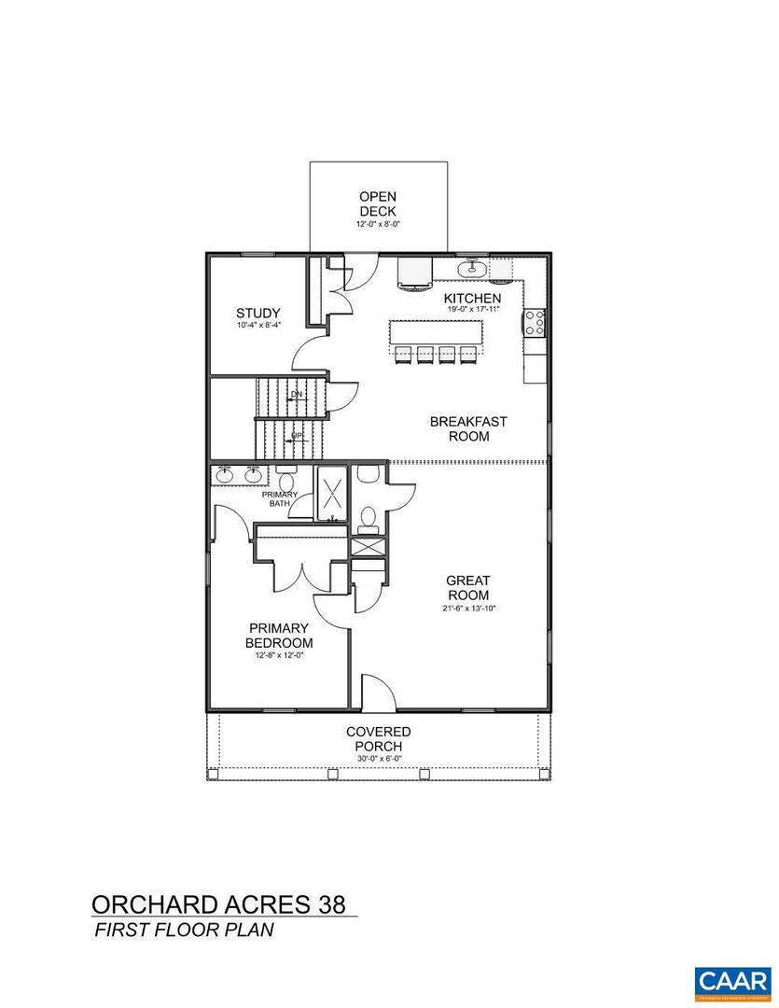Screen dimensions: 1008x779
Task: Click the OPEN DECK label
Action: pyautogui.click(x=378, y=203)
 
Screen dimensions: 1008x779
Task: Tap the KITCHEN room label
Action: pyautogui.click(x=472, y=298)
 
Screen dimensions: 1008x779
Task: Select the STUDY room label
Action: pyautogui.click(x=258, y=314)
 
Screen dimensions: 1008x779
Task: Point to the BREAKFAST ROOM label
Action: pyautogui.click(x=468, y=428)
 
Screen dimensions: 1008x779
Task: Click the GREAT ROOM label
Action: pyautogui.click(x=468, y=588)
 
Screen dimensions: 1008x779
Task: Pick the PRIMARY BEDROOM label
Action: pyautogui.click(x=279, y=636)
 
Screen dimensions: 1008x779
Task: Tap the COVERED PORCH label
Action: pyautogui.click(x=378, y=739)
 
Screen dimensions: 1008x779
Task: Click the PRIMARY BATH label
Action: pyautogui.click(x=284, y=498)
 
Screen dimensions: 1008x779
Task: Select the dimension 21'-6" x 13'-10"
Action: pyautogui.click(x=468, y=609)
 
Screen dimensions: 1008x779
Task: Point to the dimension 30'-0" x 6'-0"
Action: pyautogui.click(x=378, y=759)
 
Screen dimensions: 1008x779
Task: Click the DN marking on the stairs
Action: pyautogui.click(x=297, y=394)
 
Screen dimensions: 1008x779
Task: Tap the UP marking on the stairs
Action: pyautogui.click(x=297, y=436)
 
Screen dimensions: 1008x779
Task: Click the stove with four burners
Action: pyautogui.click(x=536, y=322)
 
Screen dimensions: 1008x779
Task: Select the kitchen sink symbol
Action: pyautogui.click(x=473, y=271)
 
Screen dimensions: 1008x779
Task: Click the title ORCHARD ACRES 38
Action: pyautogui.click(x=218, y=904)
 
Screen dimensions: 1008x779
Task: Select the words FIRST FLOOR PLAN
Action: pyautogui.click(x=183, y=931)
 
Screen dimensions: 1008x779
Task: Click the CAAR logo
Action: pyautogui.click(x=733, y=981)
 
